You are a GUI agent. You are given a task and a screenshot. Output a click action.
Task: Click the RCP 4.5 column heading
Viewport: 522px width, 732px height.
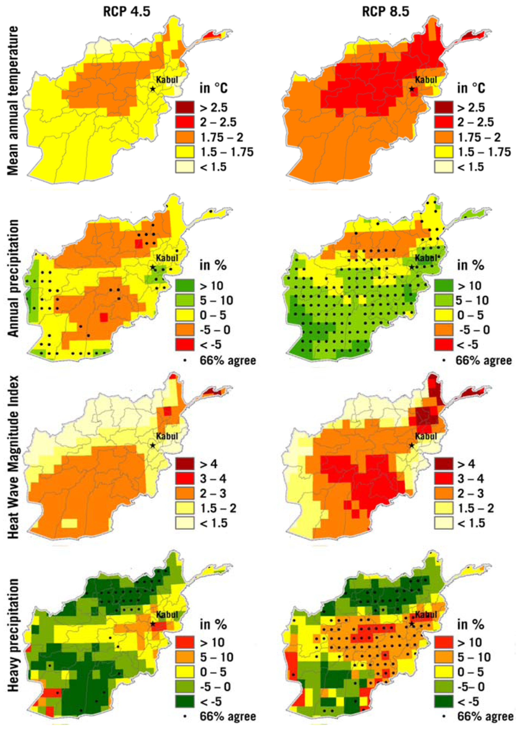pos(127,12)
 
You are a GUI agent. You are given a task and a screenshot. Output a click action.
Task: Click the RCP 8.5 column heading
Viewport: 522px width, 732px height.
pos(385,12)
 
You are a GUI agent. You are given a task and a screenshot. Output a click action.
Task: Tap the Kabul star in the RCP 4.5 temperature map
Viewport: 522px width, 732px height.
pos(153,89)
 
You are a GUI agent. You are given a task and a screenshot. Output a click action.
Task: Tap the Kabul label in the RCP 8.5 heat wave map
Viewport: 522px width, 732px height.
pos(426,436)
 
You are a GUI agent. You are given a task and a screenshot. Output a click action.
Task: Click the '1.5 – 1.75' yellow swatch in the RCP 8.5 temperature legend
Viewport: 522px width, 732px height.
pos(444,152)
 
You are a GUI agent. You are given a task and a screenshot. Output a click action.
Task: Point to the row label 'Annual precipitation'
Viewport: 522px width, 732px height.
pos(13,278)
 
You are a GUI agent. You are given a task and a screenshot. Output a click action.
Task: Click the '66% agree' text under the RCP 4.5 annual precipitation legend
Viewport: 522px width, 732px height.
pos(228,361)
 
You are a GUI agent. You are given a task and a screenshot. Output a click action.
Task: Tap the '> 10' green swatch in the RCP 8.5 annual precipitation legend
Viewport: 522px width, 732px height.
pos(444,286)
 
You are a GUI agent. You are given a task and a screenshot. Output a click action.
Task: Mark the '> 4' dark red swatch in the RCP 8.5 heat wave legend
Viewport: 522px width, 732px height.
pos(444,464)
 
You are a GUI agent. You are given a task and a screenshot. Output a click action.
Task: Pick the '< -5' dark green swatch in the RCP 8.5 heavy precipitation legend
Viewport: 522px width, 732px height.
pos(444,702)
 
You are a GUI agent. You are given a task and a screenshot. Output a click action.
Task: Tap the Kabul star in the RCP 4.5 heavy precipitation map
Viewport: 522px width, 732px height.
pos(153,624)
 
